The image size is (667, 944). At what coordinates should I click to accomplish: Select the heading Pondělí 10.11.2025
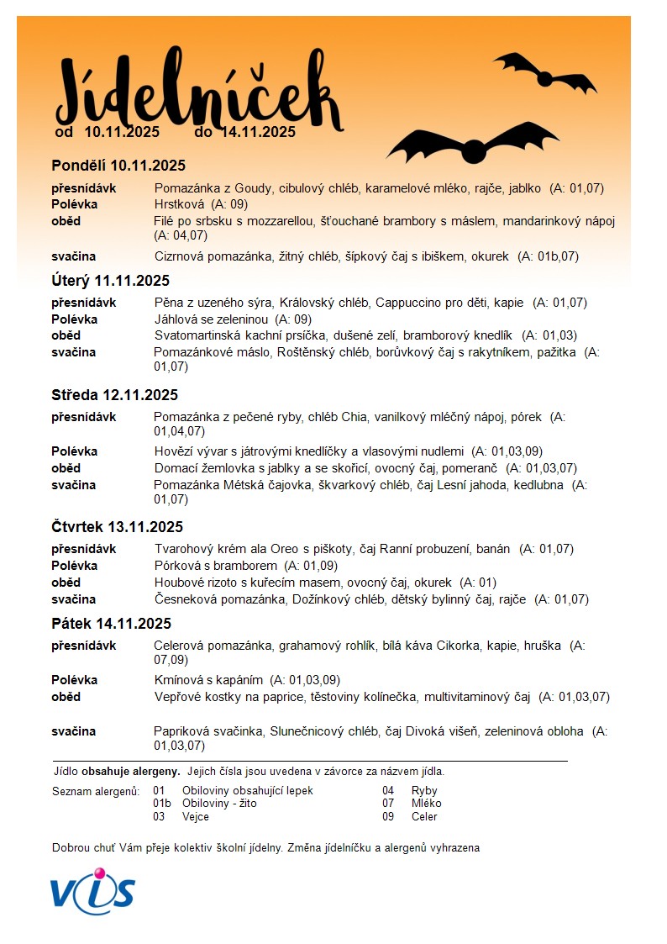[118, 166]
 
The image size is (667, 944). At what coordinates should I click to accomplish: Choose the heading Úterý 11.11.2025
[110, 281]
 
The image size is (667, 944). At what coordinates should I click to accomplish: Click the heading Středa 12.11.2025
[114, 395]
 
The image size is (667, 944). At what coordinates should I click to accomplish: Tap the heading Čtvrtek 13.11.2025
[117, 527]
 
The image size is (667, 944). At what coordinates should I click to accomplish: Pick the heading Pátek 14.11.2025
[111, 624]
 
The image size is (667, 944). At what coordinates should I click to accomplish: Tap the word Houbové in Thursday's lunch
[179, 583]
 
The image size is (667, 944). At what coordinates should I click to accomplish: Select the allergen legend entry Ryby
[424, 791]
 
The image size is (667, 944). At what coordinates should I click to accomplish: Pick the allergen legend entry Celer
[424, 816]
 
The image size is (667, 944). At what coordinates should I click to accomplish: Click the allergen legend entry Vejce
[196, 816]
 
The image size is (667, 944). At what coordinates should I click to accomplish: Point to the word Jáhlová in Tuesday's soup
[176, 319]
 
